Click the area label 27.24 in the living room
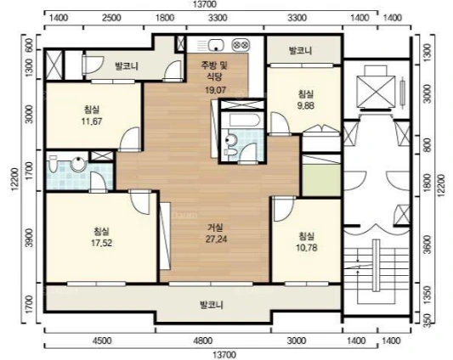(x=216, y=239)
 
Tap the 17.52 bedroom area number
(x=101, y=243)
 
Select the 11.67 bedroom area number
(x=92, y=121)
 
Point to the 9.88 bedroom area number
(x=305, y=105)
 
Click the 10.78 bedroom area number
(x=307, y=248)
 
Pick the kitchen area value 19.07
(x=215, y=90)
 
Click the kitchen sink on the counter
(x=216, y=45)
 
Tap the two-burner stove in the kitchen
(x=241, y=45)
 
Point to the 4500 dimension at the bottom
(x=103, y=341)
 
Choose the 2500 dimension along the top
(x=112, y=18)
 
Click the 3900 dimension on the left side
(x=29, y=238)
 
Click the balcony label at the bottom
(x=212, y=305)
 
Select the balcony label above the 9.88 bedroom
(x=301, y=51)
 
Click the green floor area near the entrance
(x=321, y=181)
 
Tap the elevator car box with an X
(x=376, y=91)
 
